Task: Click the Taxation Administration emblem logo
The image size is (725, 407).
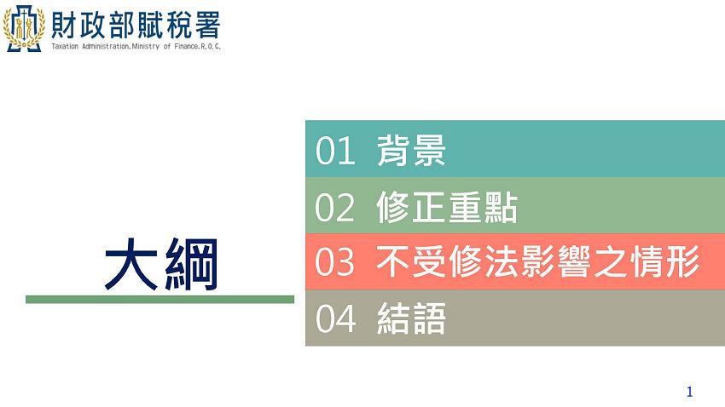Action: click(25, 26)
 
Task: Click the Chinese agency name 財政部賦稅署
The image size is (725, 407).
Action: click(136, 22)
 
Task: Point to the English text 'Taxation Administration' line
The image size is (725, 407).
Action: click(136, 46)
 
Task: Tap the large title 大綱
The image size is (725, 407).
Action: click(160, 264)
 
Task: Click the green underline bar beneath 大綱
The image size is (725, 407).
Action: click(159, 300)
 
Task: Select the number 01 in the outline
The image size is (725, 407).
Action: click(334, 152)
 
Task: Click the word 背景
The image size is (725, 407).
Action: click(411, 152)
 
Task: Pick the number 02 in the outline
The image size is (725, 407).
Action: click(334, 208)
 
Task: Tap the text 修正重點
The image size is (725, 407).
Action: click(446, 208)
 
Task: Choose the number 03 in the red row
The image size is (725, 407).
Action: click(334, 263)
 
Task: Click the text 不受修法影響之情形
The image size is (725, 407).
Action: click(537, 263)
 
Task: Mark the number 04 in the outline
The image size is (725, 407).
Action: click(334, 319)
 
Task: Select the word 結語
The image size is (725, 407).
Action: click(411, 319)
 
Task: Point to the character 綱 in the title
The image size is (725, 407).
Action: click(189, 264)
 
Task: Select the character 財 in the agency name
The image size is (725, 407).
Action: click(65, 22)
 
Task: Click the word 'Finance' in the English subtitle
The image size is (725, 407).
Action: click(187, 46)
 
